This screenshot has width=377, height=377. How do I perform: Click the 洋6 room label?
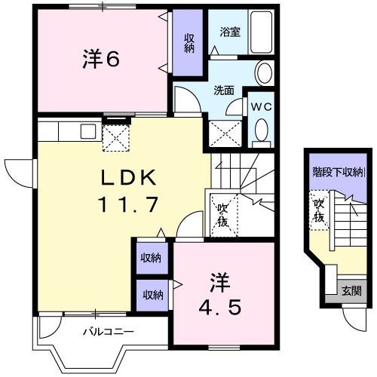pyautogui.click(x=100, y=60)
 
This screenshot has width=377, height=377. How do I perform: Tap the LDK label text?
pyautogui.click(x=129, y=179)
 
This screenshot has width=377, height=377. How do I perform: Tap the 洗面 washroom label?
pyautogui.click(x=224, y=90)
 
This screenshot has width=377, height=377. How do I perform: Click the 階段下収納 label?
pyautogui.click(x=338, y=171)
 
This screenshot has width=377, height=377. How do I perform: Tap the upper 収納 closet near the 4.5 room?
pyautogui.click(x=151, y=258)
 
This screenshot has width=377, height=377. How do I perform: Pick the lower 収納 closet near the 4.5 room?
pyautogui.click(x=151, y=294)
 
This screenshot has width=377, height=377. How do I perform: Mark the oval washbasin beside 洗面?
pyautogui.click(x=264, y=73)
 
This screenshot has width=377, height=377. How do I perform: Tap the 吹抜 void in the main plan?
pyautogui.click(x=224, y=214)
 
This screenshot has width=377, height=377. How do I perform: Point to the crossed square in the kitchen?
pyautogui.click(x=117, y=136)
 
